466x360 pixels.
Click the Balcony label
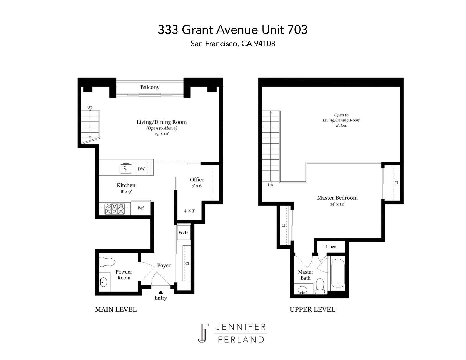tap(150, 87)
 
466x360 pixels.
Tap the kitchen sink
tap(126, 168)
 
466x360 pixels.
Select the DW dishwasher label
tap(141, 169)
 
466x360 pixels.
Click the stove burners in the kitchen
tap(115, 209)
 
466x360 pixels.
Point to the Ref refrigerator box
tap(141, 208)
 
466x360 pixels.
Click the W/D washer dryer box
tap(183, 232)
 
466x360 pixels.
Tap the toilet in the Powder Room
tap(107, 262)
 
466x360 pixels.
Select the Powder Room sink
tap(104, 282)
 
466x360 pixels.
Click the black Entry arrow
tap(161, 292)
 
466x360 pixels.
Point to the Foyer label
tap(164, 266)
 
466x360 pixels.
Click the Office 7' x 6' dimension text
tap(197, 186)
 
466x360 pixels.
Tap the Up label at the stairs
tap(90, 107)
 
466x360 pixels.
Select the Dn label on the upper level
tap(270, 185)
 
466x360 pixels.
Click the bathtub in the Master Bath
tap(338, 273)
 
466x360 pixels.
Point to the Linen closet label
tap(331, 246)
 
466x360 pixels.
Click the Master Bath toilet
tap(320, 286)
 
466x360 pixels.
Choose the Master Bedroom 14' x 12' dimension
tap(337, 204)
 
